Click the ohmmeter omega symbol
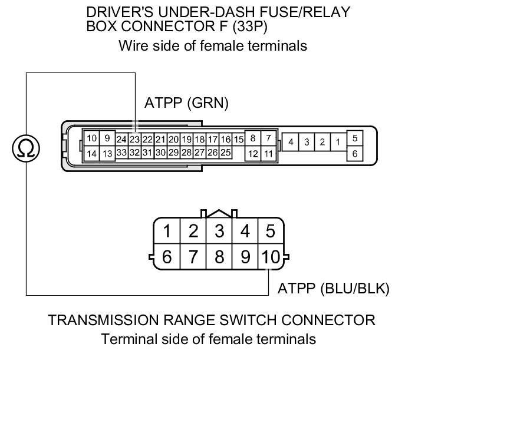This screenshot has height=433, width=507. [x=26, y=148]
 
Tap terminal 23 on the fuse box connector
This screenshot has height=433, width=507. [x=134, y=140]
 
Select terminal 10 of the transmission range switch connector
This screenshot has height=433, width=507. [x=271, y=257]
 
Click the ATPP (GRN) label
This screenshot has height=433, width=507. [x=186, y=103]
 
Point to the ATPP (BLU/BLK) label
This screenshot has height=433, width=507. [x=333, y=289]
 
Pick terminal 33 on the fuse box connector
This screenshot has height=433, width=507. [x=121, y=153]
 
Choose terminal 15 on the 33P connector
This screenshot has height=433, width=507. [x=238, y=140]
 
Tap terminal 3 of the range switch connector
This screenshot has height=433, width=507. [x=219, y=231]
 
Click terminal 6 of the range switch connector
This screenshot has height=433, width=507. [x=167, y=257]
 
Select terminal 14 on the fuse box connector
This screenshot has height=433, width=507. [x=91, y=154]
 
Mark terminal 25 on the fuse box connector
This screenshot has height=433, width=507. [x=225, y=153]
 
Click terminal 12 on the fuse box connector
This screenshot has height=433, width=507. [x=252, y=154]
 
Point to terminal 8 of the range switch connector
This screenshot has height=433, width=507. [x=219, y=257]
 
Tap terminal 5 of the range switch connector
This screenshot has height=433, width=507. [x=271, y=231]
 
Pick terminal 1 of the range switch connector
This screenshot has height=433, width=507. [x=167, y=231]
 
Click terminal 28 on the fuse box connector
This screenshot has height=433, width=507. [x=186, y=153]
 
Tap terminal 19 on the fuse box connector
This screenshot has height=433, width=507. [x=186, y=140]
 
